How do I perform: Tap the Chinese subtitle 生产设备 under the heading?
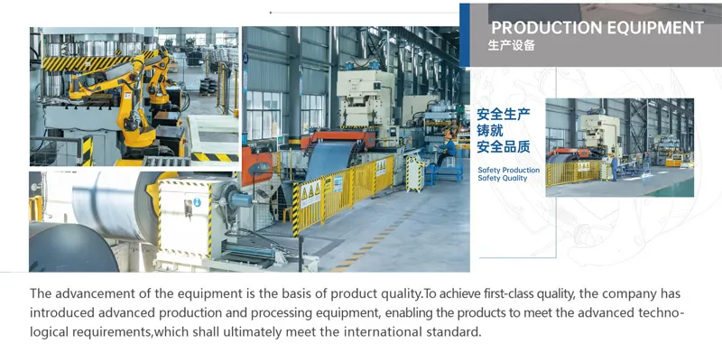pyautogui.click(x=511, y=46)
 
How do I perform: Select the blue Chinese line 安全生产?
pyautogui.click(x=503, y=116)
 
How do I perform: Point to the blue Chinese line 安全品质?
pyautogui.click(x=503, y=147)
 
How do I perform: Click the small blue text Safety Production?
pyautogui.click(x=509, y=170)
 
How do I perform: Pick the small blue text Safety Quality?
pyautogui.click(x=503, y=179)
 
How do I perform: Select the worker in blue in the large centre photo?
pyautogui.click(x=449, y=144)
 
